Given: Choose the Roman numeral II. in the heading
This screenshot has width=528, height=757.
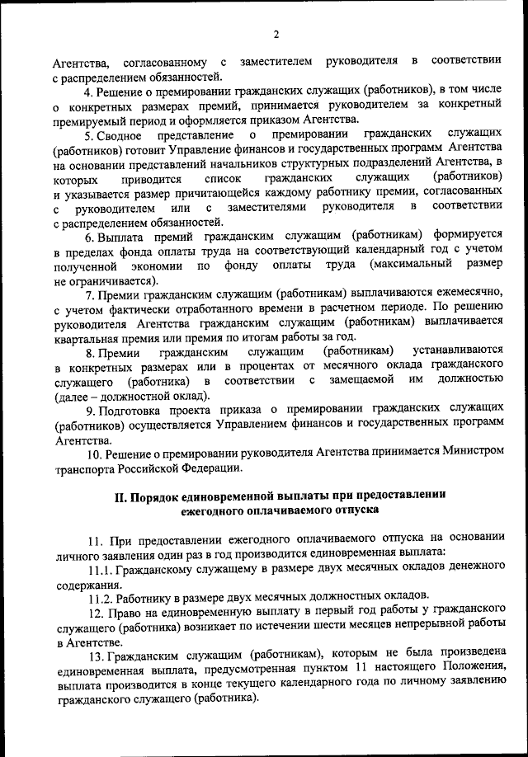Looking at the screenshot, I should point(120,496).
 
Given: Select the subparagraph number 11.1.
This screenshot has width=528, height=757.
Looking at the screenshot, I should point(101,570).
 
